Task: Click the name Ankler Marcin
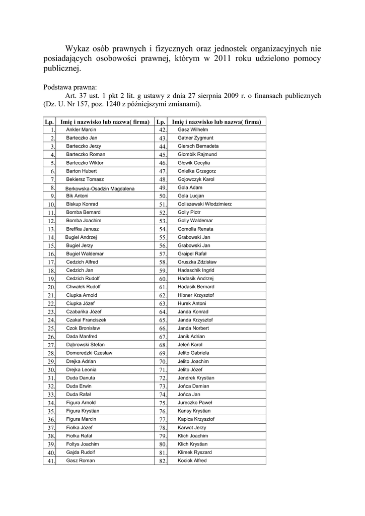pyautogui.click(x=81, y=130)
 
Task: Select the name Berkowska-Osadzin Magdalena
pyautogui.click(x=100, y=188)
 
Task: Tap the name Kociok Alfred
pyautogui.click(x=192, y=461)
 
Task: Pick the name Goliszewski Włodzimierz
pyautogui.click(x=205, y=204)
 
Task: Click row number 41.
pyautogui.click(x=51, y=461)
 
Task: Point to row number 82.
pyautogui.click(x=163, y=461)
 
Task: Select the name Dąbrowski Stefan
pyautogui.click(x=85, y=345)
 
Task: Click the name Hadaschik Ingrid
pyautogui.click(x=196, y=270)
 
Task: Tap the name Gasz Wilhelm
pyautogui.click(x=189, y=130)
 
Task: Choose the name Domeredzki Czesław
pyautogui.click(x=89, y=353)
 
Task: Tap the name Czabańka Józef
pyautogui.click(x=84, y=311)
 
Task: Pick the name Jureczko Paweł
pyautogui.click(x=195, y=403)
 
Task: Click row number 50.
pyautogui.click(x=163, y=196)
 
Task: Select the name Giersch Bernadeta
pyautogui.click(x=198, y=146)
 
